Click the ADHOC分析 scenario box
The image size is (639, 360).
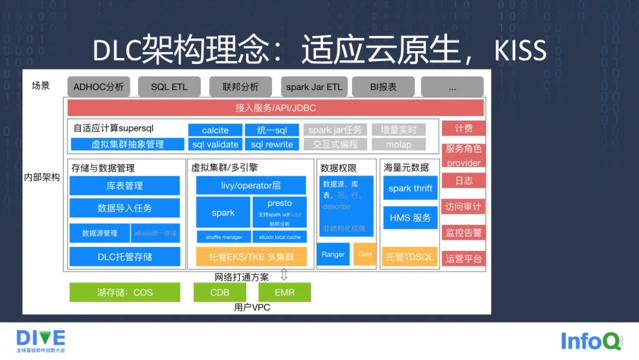click(99, 87)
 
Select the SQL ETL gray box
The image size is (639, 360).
click(169, 87)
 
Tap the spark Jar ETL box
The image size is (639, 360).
click(314, 87)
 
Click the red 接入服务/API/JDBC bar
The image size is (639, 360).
click(275, 108)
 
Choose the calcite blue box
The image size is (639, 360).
click(215, 130)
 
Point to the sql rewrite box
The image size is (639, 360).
click(272, 144)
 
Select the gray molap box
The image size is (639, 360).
click(398, 144)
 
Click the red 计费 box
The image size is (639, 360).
click(463, 129)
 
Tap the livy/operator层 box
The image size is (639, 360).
click(251, 185)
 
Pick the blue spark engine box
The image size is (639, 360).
click(223, 213)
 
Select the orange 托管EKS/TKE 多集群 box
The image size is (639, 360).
click(251, 257)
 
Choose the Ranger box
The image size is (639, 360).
click(333, 255)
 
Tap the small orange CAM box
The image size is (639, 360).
click(364, 255)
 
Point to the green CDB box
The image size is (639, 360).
click(220, 292)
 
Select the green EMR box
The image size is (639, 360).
click(284, 292)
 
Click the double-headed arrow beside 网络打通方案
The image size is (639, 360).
click(283, 275)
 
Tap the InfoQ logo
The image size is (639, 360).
click(591, 341)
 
